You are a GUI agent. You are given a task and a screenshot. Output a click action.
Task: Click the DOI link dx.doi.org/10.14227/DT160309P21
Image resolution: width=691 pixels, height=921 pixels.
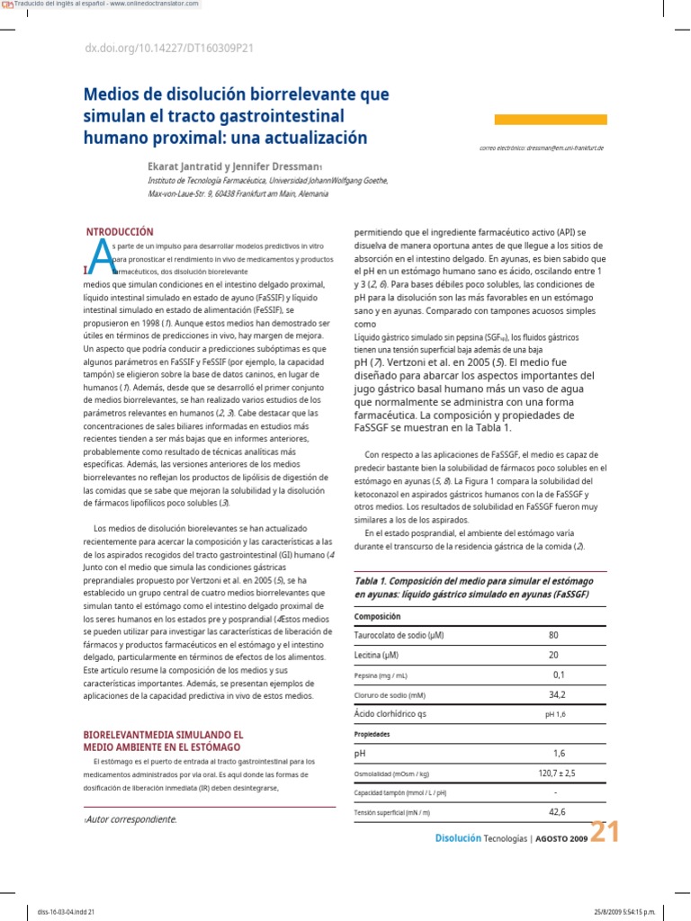[x=169, y=49]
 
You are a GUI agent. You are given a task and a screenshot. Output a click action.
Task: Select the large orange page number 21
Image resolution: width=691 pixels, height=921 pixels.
[x=605, y=834]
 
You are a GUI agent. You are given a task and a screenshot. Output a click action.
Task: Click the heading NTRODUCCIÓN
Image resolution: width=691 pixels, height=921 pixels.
[x=120, y=232]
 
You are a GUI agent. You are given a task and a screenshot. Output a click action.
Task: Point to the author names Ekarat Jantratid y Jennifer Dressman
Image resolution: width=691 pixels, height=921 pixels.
[x=233, y=166]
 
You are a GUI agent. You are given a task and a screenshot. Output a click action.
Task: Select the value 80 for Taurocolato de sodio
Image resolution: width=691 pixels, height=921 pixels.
[x=552, y=635]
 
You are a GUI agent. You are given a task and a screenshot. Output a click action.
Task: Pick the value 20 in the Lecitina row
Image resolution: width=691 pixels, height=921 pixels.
[x=552, y=655]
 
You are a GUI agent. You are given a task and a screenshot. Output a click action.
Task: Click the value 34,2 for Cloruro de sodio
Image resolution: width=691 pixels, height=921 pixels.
[x=557, y=694]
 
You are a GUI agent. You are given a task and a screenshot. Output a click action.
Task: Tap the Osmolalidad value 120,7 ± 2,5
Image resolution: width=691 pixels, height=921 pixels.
[x=557, y=773]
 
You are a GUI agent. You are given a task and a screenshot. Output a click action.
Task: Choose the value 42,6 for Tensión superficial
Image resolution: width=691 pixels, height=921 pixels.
[x=557, y=812]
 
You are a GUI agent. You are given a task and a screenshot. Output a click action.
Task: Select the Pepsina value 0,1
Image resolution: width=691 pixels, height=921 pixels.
[x=559, y=675]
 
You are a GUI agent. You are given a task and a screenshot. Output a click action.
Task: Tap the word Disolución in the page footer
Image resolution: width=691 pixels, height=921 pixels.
[x=458, y=837]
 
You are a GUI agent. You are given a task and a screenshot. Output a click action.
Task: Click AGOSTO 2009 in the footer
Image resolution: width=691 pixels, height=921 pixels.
[x=562, y=838]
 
